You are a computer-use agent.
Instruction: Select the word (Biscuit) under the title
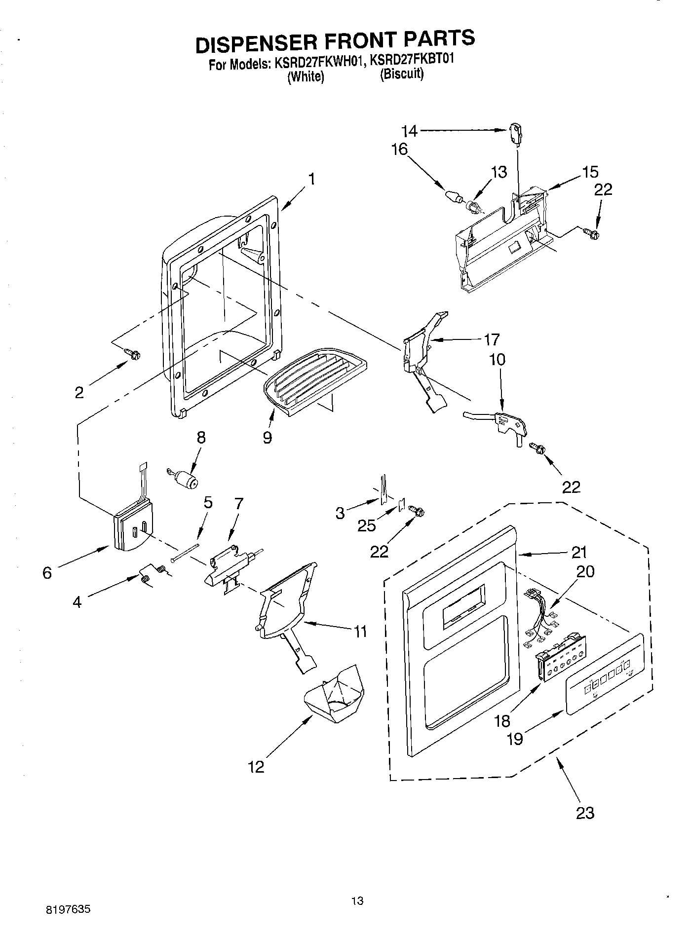[x=401, y=75]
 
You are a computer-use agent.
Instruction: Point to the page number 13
[x=357, y=900]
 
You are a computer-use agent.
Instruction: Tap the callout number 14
[x=409, y=131]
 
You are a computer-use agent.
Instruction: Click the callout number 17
[x=492, y=339]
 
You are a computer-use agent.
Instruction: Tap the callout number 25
[x=367, y=525]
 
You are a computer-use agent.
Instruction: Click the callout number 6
[x=47, y=573]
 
